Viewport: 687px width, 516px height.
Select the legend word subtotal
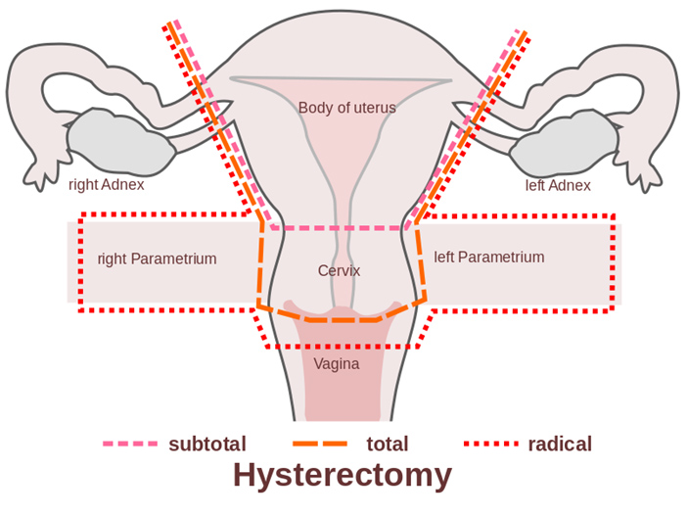point(207,445)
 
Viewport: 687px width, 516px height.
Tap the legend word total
point(388,445)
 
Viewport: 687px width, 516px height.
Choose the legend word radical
point(560,445)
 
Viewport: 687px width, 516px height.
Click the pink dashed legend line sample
point(130,444)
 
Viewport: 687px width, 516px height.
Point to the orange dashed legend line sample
point(320,444)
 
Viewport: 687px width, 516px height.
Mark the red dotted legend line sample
point(491,444)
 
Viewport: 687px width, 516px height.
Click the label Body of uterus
point(347,108)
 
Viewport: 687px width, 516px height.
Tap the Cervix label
point(340,270)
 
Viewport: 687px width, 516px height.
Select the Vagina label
point(337,364)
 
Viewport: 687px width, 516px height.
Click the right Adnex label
point(107,185)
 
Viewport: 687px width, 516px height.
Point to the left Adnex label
point(558,185)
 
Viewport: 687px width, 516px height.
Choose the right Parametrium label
point(157,258)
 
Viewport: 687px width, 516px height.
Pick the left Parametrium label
point(489,257)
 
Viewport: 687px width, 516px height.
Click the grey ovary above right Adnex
point(120,143)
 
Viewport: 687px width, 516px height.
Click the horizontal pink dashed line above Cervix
point(340,228)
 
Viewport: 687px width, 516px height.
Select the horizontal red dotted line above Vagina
point(342,347)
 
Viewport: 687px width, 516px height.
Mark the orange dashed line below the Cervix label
point(342,320)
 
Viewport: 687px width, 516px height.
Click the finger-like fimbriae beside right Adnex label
point(40,173)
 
